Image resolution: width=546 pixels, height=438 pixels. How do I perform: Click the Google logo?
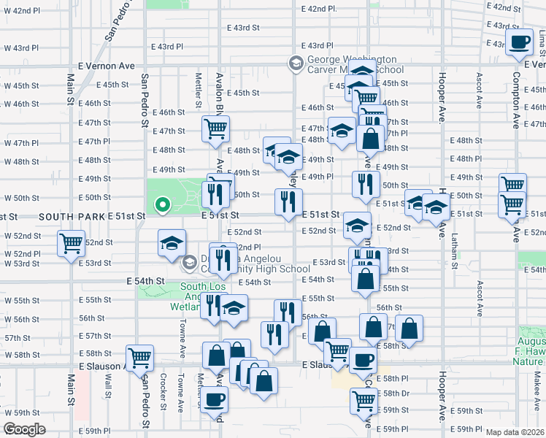[24, 429]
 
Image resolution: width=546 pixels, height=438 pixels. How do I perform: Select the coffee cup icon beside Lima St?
[520, 42]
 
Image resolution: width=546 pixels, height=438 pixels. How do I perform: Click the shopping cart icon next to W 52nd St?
[71, 242]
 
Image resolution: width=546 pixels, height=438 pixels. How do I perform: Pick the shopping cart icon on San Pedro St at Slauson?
[139, 357]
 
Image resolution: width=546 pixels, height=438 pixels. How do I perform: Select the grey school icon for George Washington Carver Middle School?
[296, 64]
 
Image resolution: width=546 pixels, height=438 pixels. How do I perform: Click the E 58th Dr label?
[397, 393]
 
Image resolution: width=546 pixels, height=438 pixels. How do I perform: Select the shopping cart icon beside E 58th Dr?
[364, 400]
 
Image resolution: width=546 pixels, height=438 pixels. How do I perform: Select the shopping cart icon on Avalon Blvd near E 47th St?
[216, 128]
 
